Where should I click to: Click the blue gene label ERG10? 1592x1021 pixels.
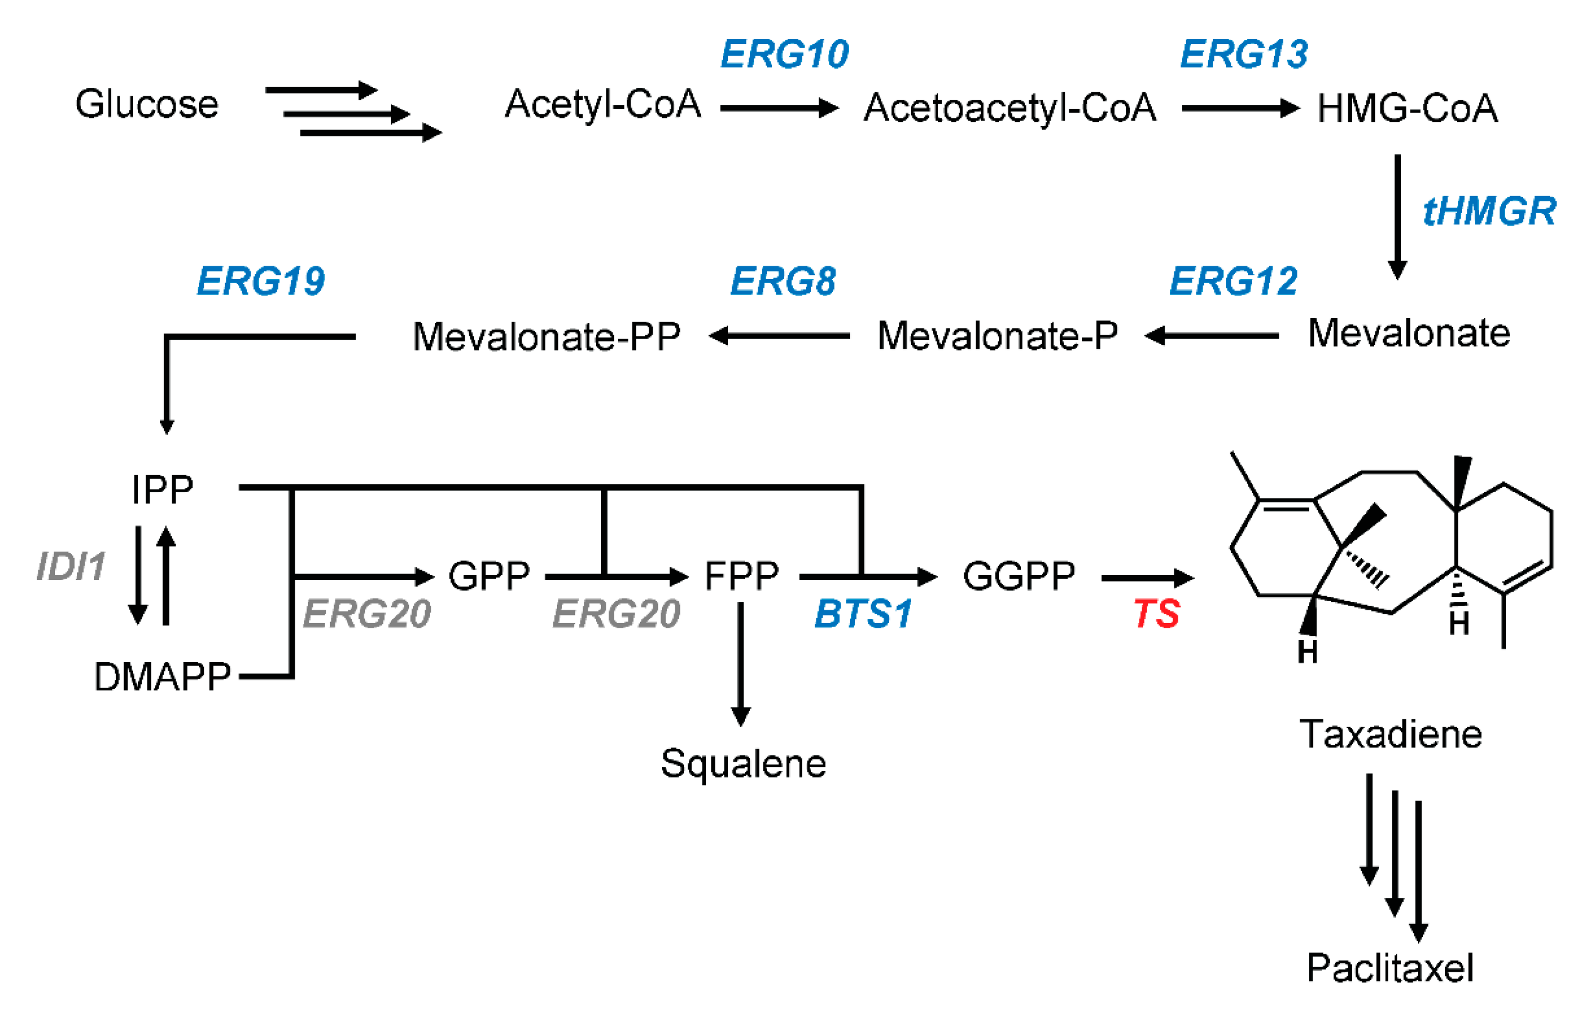[x=784, y=55]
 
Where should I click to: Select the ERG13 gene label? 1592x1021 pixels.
[x=1244, y=55]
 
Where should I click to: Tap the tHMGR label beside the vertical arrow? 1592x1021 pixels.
[x=1489, y=212]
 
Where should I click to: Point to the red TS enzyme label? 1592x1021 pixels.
[x=1156, y=614]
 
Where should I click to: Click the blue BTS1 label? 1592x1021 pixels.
[x=863, y=614]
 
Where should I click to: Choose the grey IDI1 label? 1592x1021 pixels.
[x=71, y=567]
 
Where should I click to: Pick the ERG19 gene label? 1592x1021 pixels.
[x=260, y=281]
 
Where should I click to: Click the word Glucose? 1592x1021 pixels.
[x=147, y=105]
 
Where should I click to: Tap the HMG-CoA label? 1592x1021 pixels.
[x=1407, y=108]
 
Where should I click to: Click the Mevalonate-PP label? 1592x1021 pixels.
[x=547, y=337]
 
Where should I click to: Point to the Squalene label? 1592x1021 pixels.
[x=743, y=764]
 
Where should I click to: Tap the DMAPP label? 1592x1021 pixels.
[x=162, y=678]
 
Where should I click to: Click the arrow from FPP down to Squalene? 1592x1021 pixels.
[x=741, y=663]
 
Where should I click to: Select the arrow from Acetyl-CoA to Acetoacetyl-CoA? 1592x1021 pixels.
[x=779, y=108]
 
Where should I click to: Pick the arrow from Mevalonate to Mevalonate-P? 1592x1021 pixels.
[x=1211, y=336]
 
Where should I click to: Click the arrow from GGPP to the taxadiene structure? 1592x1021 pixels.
[x=1147, y=578]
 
